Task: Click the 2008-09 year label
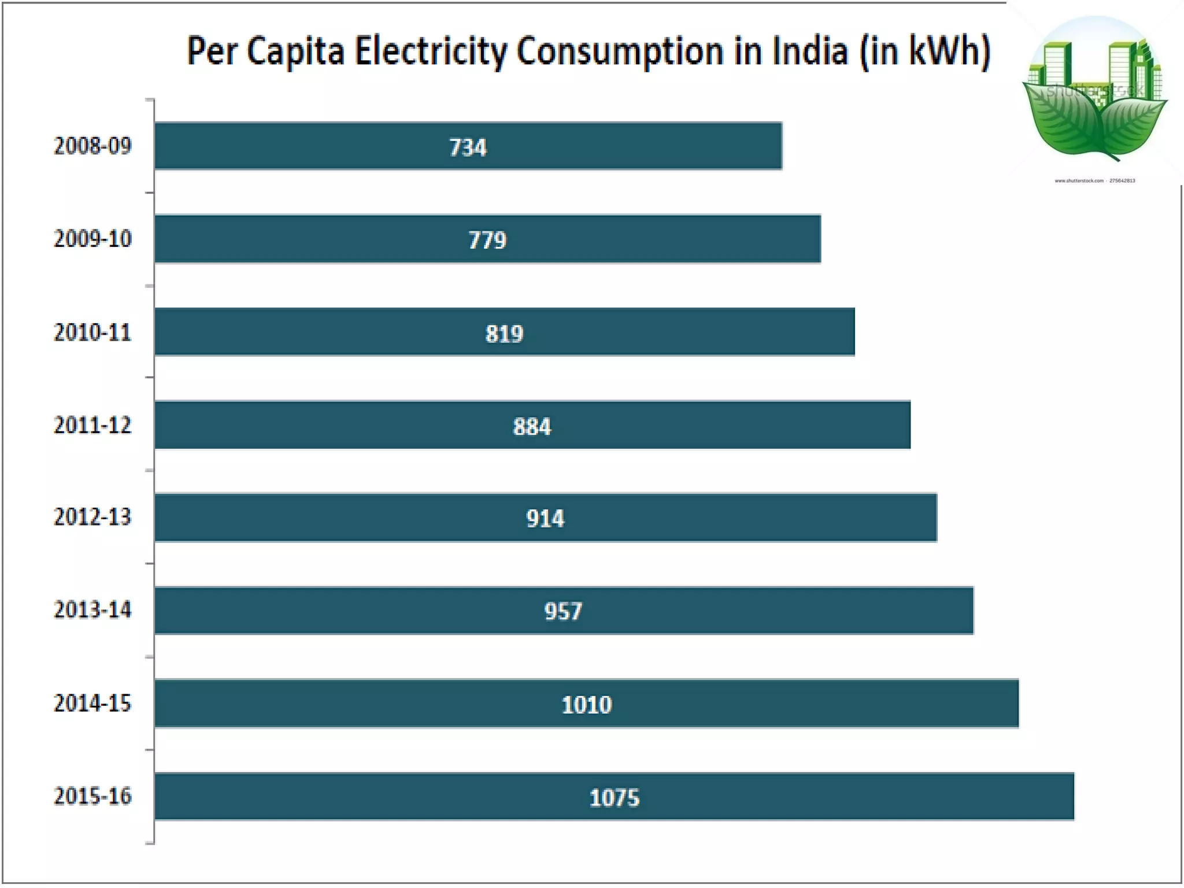[x=92, y=146]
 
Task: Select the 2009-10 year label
[x=92, y=239]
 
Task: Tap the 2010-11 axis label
[x=92, y=332]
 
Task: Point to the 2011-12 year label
[x=92, y=425]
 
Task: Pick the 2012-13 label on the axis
[x=92, y=517]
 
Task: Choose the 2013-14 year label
[x=92, y=610]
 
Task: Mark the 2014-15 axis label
[x=92, y=704]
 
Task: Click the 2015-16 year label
[x=92, y=797]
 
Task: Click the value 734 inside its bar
[x=468, y=147]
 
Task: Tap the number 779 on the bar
[x=487, y=240]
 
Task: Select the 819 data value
[x=504, y=334]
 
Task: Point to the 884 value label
[x=532, y=427]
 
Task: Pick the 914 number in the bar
[x=545, y=519]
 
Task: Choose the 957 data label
[x=563, y=612]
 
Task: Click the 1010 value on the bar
[x=587, y=705]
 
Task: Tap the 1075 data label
[x=614, y=798]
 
